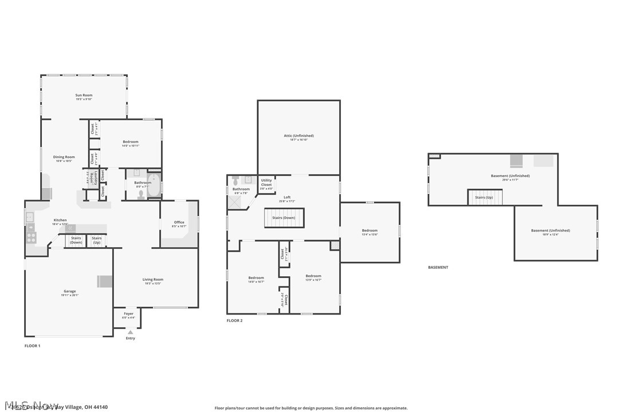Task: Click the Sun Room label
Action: point(84,95)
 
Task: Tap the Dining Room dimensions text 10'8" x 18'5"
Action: point(64,161)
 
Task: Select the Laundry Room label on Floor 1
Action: point(90,177)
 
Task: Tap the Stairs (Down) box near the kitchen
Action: point(76,241)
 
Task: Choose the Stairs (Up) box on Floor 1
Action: point(97,241)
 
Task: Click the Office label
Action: point(179,222)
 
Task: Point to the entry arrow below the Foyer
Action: point(130,332)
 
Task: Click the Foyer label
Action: point(128,314)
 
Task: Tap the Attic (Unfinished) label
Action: point(298,136)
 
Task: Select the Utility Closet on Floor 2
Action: point(266,182)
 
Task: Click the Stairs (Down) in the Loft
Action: point(284,218)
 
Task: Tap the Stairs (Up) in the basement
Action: point(485,197)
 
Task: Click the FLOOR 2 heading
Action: point(234,321)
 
